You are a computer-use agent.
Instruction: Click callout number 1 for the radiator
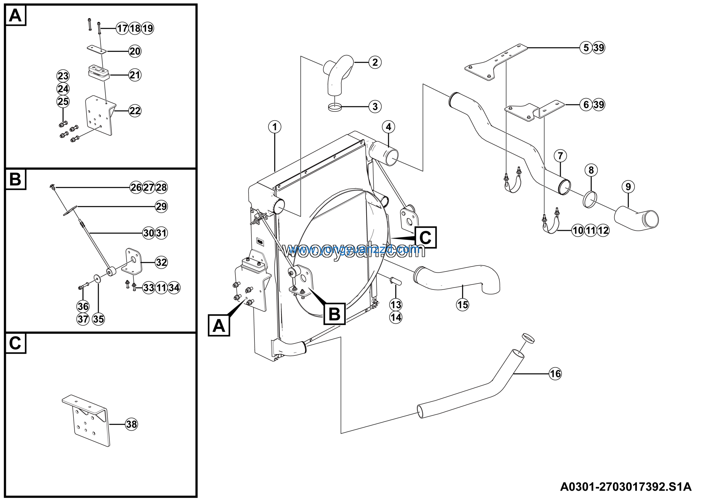(274, 127)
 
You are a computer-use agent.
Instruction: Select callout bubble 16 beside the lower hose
(555, 374)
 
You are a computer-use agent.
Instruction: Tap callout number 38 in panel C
(132, 425)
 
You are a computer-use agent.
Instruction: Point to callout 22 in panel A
(135, 111)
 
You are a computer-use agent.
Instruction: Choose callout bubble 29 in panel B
(161, 206)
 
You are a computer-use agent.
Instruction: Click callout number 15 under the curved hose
(462, 304)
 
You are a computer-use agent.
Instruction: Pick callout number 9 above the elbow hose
(628, 186)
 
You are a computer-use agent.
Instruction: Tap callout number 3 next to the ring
(375, 107)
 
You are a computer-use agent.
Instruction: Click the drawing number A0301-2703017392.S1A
(625, 487)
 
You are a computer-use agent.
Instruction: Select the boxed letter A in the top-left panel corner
(15, 15)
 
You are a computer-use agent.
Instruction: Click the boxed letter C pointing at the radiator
(425, 237)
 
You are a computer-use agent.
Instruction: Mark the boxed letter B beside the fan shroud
(334, 314)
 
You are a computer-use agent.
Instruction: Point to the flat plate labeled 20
(97, 49)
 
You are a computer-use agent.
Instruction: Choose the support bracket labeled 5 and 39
(496, 62)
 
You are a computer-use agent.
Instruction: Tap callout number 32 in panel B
(161, 262)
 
